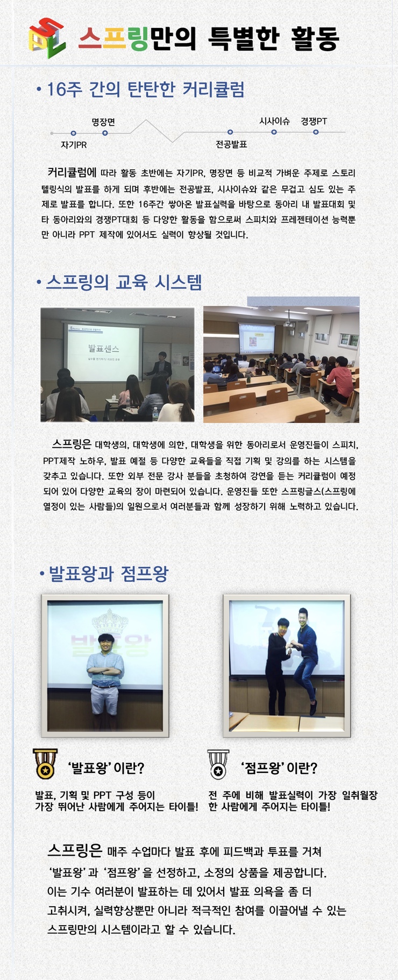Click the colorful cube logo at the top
pos(47,38)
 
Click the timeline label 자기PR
pos(74,145)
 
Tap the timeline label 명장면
pos(103,122)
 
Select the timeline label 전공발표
pos(231,144)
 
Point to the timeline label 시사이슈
pos(274,121)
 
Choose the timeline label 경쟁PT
pos(314,121)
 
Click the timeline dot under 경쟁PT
pos(316,132)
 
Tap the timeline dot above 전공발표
pos(230,132)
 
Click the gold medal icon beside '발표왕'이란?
pos(45,764)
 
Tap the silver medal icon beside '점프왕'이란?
pos(218,764)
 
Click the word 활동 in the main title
pos(315,38)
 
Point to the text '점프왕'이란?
pos(278,768)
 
